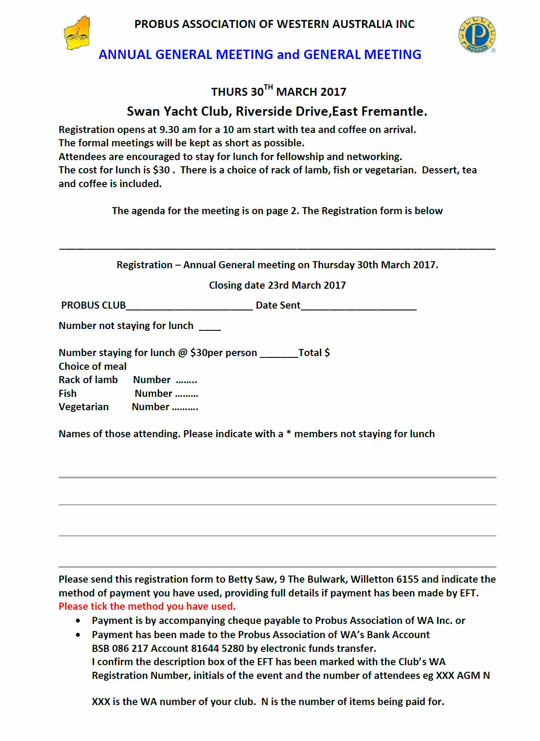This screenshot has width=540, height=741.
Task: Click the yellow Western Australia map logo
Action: point(77,34)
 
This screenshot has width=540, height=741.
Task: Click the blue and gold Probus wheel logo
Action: point(477,35)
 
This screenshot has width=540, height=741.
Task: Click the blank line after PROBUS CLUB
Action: point(189,306)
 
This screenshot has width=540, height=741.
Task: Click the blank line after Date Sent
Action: point(359,306)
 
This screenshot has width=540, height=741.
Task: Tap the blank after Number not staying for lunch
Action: point(209,327)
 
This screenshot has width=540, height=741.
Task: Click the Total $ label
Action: point(314,353)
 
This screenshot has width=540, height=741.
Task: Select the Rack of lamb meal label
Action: point(88,380)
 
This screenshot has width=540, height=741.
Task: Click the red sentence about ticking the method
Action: point(147,607)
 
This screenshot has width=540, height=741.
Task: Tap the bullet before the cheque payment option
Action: point(78,621)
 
